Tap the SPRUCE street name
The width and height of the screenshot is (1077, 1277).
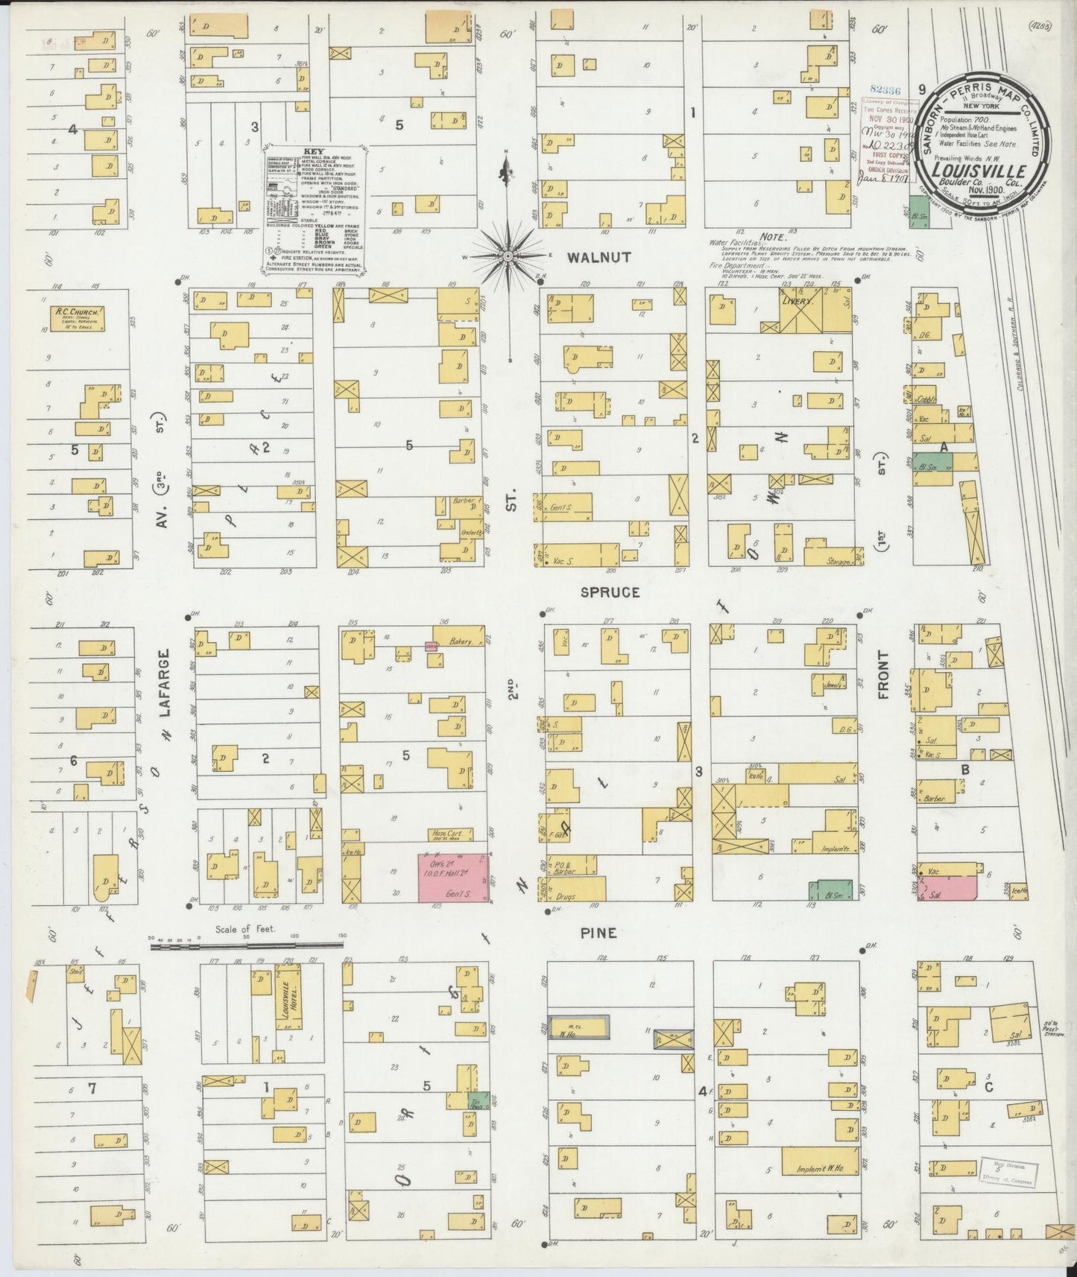(x=611, y=593)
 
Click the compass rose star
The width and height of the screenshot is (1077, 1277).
(x=507, y=256)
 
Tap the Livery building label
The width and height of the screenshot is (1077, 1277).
(x=798, y=303)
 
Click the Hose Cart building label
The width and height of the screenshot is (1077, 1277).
(x=448, y=834)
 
